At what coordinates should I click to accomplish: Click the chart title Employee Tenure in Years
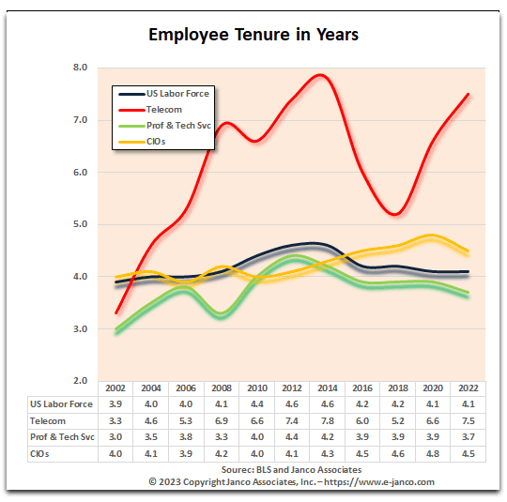tap(253, 35)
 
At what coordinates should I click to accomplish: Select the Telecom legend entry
tap(150, 110)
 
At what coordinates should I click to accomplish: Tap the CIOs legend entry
tap(143, 142)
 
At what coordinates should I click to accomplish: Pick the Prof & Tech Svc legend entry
tap(164, 126)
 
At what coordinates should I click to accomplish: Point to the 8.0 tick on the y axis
tap(80, 68)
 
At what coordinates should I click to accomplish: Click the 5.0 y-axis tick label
tap(80, 224)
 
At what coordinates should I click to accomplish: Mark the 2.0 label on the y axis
tap(80, 380)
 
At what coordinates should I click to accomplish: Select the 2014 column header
tap(328, 388)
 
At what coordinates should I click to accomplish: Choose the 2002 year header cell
tap(115, 388)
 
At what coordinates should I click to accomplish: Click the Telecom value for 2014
tap(328, 421)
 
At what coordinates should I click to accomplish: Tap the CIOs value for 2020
tap(433, 454)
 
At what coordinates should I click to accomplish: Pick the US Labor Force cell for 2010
tap(257, 404)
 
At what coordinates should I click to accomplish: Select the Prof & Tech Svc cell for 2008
tap(222, 437)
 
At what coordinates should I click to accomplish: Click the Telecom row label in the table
tap(48, 421)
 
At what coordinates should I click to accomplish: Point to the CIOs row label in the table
tap(39, 454)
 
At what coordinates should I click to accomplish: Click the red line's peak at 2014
tap(320, 76)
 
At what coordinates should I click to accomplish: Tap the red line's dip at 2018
tap(395, 214)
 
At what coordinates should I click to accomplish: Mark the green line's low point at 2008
tap(222, 314)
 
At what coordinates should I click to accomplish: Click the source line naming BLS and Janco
tap(291, 470)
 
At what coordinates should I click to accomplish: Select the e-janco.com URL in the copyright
tap(379, 482)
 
